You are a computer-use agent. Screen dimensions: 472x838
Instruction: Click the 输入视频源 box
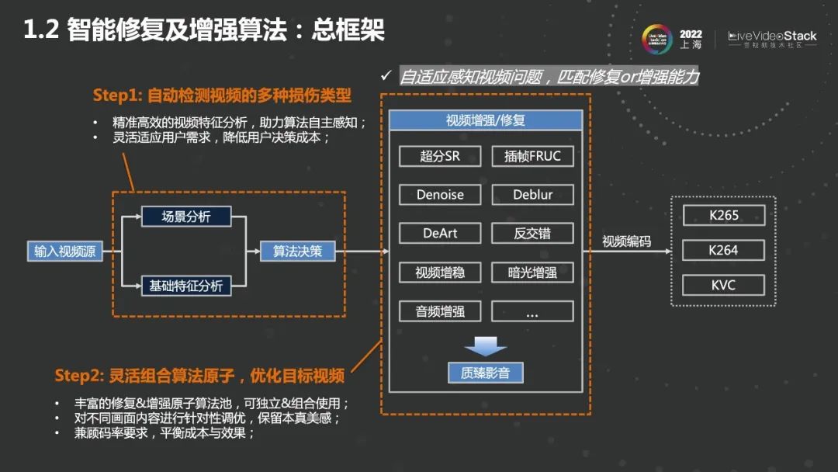point(64,252)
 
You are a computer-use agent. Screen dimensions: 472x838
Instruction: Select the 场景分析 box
point(186,217)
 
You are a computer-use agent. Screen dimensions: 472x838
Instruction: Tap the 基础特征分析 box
point(186,286)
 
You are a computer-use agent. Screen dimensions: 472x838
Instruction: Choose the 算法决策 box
point(297,252)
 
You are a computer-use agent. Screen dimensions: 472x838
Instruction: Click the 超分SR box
point(440,156)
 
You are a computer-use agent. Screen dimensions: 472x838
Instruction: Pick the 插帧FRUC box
point(532,156)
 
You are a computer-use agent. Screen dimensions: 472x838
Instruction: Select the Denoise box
point(440,195)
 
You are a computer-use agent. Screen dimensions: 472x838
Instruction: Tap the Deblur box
point(532,195)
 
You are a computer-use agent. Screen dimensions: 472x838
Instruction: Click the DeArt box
point(440,234)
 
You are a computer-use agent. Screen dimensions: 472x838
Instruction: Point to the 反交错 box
point(532,234)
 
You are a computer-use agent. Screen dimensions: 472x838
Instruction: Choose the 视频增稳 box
point(440,272)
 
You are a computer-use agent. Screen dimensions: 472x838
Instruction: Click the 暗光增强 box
point(532,272)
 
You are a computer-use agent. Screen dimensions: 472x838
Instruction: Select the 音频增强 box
point(440,311)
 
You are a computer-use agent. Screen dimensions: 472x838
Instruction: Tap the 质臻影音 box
point(486,373)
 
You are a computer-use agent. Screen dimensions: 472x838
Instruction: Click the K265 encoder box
point(723,215)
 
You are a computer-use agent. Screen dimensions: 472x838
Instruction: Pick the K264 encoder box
point(723,250)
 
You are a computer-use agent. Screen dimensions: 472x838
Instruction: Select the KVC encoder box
point(723,285)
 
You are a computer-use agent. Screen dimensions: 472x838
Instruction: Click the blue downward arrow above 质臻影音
point(486,345)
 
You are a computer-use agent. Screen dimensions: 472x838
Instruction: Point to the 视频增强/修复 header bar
point(486,120)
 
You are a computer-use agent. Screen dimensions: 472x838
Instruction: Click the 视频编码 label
point(626,241)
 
